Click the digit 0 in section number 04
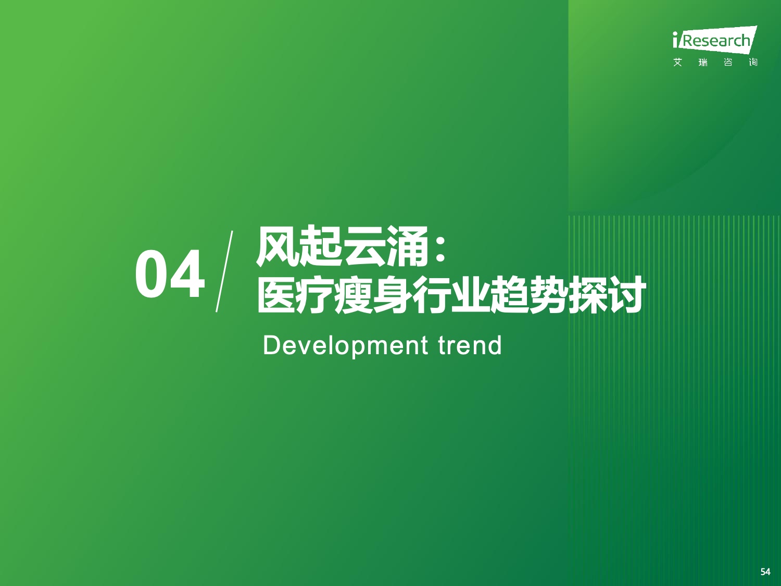152,274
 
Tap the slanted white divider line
224,271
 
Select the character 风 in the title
277,246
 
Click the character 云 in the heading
364,246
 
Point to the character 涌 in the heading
408,246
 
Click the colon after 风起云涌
440,249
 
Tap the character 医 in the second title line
276,295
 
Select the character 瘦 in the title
354,295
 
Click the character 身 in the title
393,295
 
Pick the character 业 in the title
470,295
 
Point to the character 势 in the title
548,295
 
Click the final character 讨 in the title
625,295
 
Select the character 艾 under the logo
678,63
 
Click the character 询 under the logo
753,63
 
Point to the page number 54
765,572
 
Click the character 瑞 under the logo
703,63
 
